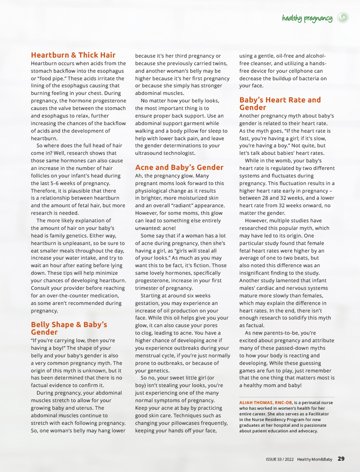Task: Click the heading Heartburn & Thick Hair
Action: [73, 55]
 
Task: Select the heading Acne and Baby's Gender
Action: [179, 167]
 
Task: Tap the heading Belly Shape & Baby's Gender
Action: [69, 328]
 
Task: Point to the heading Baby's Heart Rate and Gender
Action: [280, 104]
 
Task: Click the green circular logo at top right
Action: [343, 18]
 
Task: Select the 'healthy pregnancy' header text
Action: [307, 19]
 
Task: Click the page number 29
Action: [341, 458]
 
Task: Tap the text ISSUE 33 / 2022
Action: [279, 459]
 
